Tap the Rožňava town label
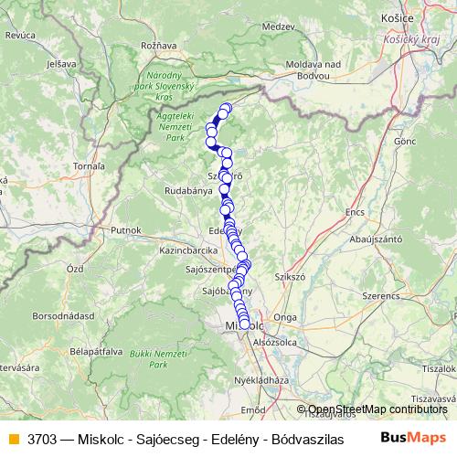pos(158,45)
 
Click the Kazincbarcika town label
pos(186,249)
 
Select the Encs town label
pos(354,211)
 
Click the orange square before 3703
pos(12,438)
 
